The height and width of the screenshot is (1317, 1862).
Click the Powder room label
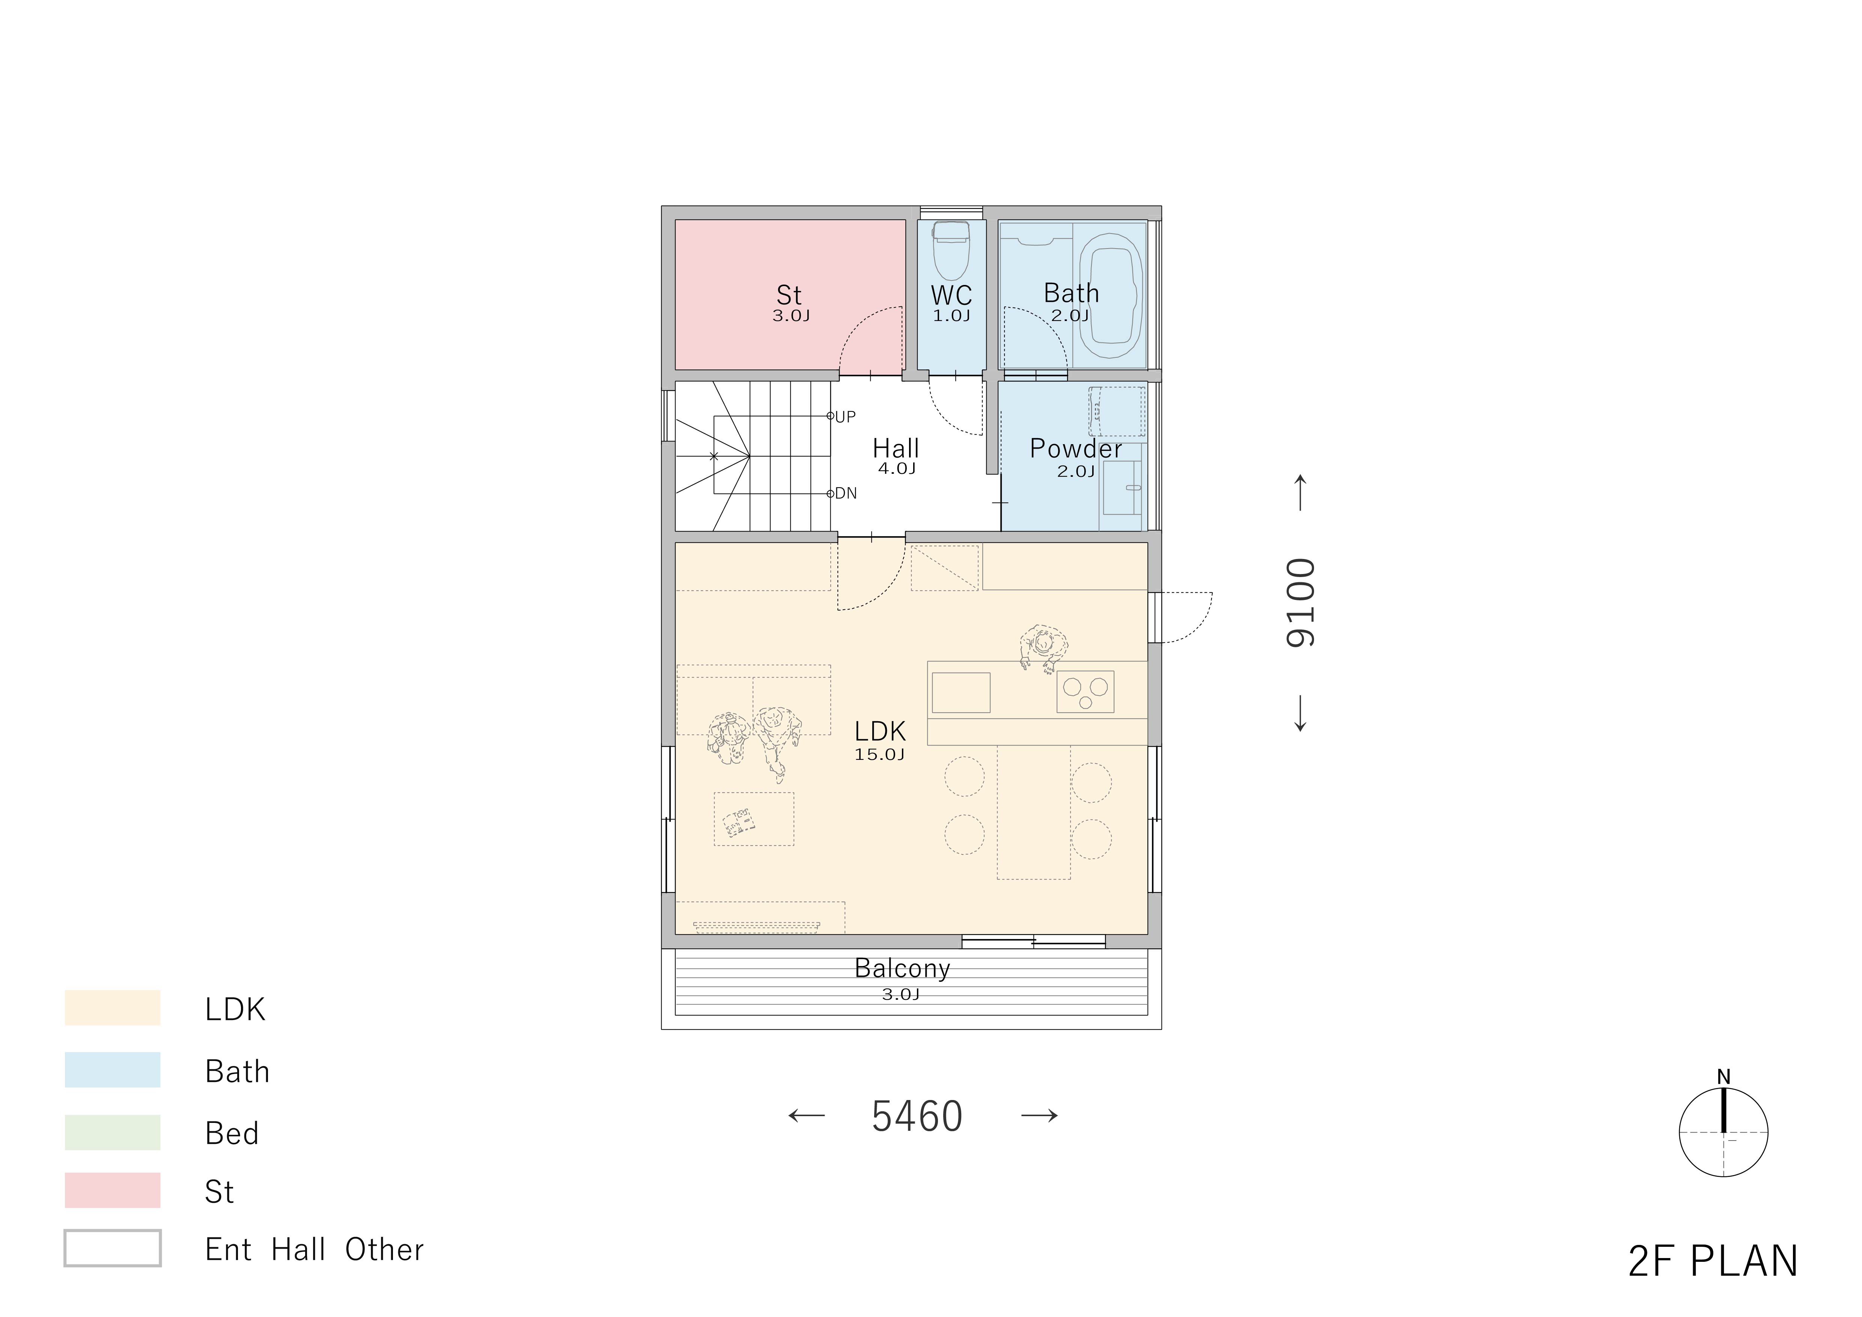click(1075, 449)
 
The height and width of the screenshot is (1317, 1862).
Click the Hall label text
click(895, 449)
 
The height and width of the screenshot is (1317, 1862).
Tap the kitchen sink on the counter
click(961, 693)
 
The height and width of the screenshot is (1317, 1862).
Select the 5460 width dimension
click(917, 1117)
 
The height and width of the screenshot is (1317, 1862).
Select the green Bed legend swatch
click(113, 1132)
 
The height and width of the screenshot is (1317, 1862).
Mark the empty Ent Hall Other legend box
click(113, 1248)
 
